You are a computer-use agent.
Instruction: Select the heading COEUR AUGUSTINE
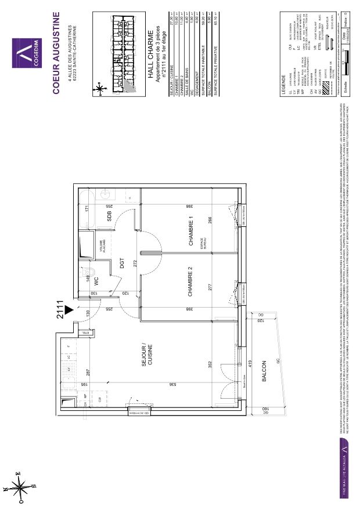pos(56,52)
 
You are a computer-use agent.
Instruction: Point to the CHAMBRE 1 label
pos(190,230)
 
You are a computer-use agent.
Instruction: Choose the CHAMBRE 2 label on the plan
pos(190,283)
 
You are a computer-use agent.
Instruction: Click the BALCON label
pos(264,372)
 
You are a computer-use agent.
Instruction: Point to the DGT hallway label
pos(123,263)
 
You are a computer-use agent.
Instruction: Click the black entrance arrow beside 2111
pos(70,311)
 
